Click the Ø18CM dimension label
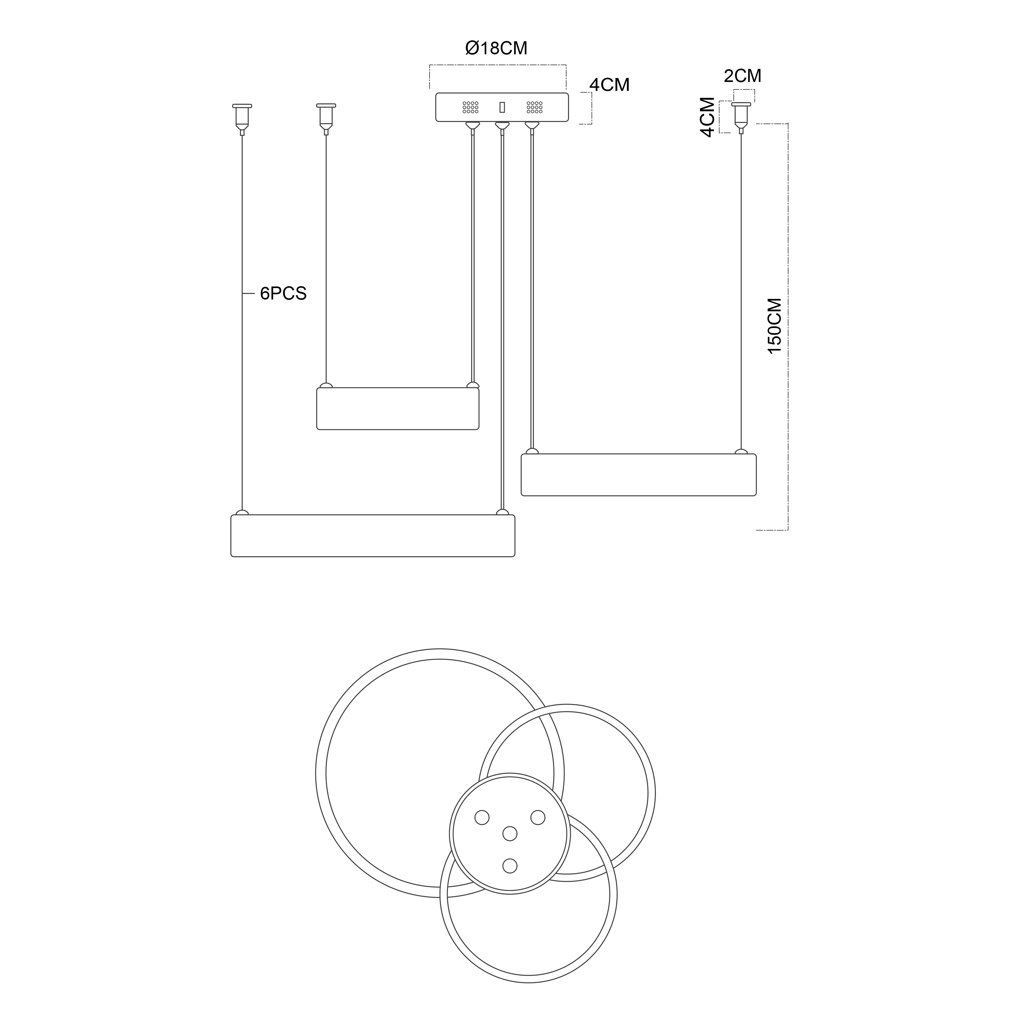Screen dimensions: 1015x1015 (x=496, y=48)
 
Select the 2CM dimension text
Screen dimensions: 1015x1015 (x=742, y=76)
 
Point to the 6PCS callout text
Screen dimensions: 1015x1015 (x=283, y=294)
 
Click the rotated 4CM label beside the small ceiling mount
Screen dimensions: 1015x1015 (x=708, y=117)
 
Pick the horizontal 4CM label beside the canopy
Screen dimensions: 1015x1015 (x=609, y=85)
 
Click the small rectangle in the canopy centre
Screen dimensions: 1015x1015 (x=502, y=107)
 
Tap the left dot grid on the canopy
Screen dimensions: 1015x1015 (x=470, y=107)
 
